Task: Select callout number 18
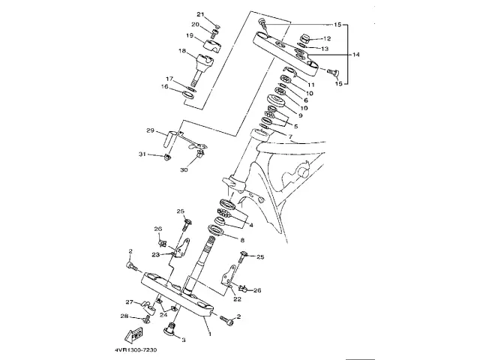[x=181, y=51]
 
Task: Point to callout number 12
[x=325, y=38]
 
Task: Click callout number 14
[x=356, y=55]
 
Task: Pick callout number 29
[x=150, y=131]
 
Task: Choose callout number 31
[x=142, y=154]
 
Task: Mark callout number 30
[x=184, y=169]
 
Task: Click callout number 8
[x=241, y=239]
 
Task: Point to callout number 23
[x=156, y=253]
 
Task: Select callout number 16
[x=166, y=87]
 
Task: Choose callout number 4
[x=250, y=224]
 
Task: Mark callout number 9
[x=300, y=115]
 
